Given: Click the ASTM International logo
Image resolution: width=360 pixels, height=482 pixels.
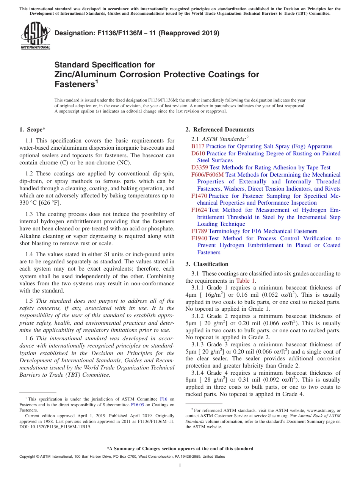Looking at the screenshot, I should (x=35, y=36).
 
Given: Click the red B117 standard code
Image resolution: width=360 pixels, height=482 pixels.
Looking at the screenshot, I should (x=198, y=146).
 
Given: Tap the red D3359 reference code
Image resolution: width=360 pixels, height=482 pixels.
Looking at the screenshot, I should (x=200, y=167).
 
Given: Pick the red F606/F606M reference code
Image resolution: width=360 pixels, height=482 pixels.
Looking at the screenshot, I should (x=207, y=175).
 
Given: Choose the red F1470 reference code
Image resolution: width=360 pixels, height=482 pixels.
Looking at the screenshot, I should (x=199, y=196).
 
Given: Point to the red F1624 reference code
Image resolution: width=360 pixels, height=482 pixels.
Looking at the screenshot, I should (x=199, y=210).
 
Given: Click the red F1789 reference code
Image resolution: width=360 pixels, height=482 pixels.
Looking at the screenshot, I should (x=199, y=231).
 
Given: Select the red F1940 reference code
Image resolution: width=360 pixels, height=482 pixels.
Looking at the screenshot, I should (x=199, y=238).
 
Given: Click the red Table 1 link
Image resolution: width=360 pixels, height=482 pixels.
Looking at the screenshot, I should (x=245, y=281).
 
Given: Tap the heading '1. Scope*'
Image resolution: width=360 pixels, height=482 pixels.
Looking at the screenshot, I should (x=33, y=130).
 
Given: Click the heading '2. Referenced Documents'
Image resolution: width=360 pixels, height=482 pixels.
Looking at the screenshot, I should (x=220, y=130).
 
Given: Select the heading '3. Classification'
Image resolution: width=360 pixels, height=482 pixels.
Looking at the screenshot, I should (x=207, y=264).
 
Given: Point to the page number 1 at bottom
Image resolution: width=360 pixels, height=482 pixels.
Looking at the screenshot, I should (x=180, y=465).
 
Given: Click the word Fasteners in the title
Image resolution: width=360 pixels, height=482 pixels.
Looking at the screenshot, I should (x=74, y=84).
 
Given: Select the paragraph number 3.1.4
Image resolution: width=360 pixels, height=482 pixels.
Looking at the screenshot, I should (x=199, y=373).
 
